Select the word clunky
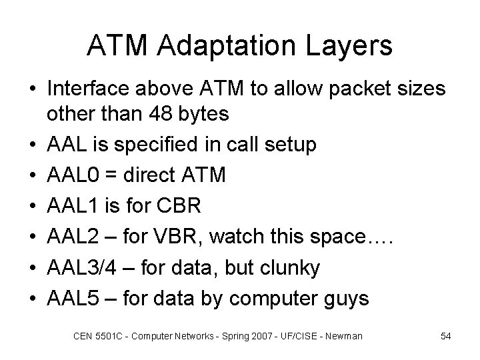287,267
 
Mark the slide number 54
445,336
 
